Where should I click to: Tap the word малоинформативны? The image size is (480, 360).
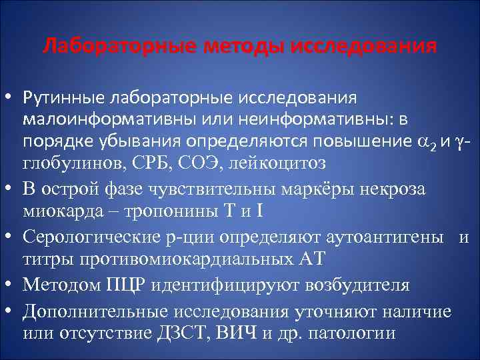pos(99,120)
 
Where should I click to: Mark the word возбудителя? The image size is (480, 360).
pos(357,285)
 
